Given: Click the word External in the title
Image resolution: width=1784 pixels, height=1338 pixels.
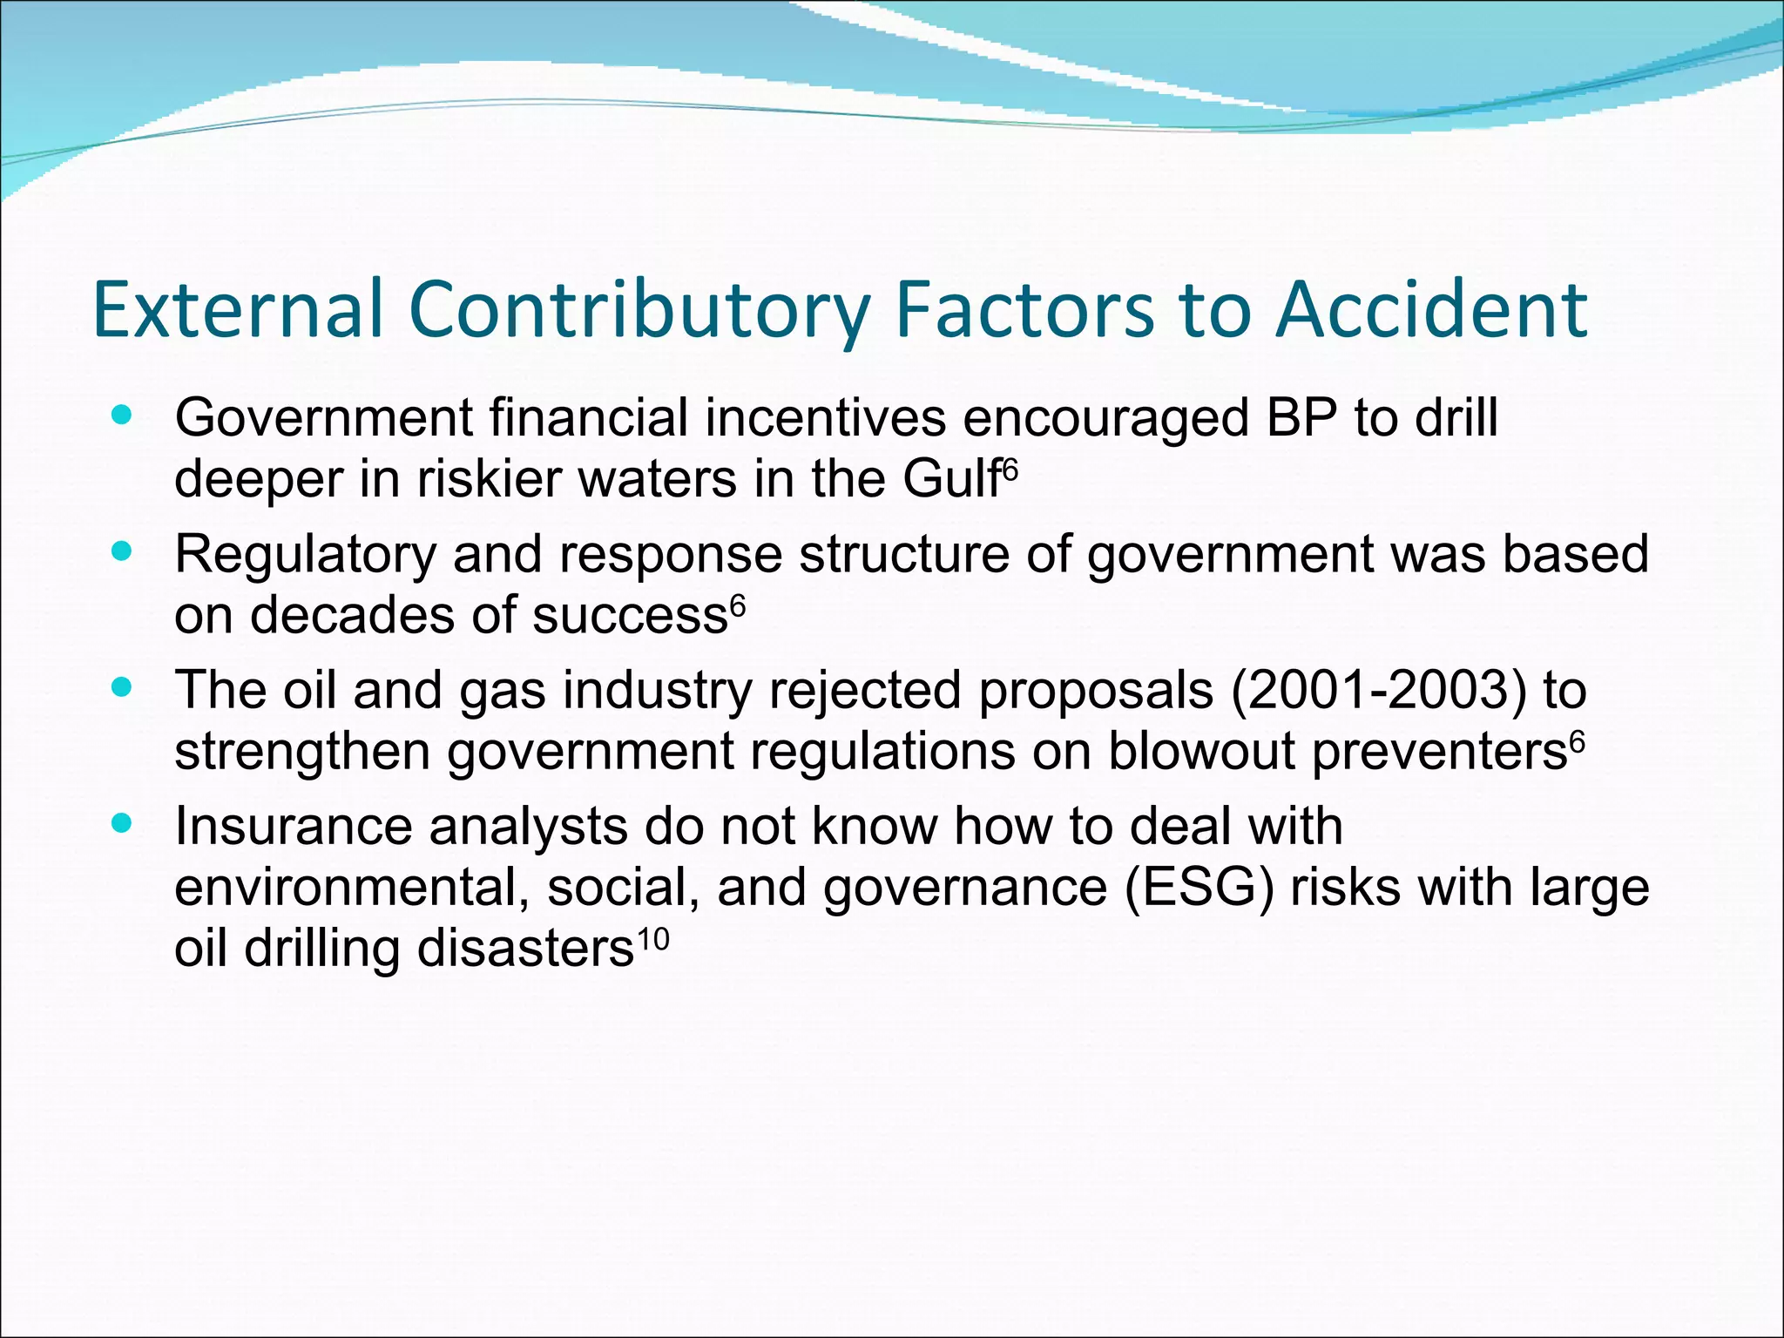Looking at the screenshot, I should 238,309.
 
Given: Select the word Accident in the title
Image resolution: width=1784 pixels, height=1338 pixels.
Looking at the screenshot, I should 1431,309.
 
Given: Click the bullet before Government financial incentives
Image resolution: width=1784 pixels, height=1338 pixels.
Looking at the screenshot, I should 122,416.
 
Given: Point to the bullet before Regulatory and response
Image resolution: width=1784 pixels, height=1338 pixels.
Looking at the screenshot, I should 122,551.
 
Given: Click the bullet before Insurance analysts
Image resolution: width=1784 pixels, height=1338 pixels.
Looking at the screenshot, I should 122,823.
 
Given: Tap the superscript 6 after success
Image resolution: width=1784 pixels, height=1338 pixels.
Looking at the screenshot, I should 738,605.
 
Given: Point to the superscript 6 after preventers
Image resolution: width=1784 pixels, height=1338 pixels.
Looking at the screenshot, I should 1577,740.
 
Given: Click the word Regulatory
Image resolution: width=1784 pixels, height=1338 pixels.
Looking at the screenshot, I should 305,556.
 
